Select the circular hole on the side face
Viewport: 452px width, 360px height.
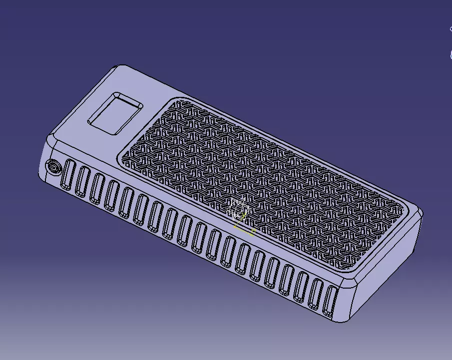click(52, 167)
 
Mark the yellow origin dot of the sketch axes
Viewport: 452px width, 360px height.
click(235, 227)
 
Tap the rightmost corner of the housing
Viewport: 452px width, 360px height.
click(422, 214)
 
